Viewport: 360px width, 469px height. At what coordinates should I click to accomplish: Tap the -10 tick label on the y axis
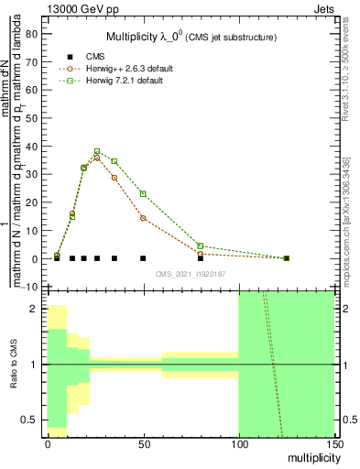(x=30, y=287)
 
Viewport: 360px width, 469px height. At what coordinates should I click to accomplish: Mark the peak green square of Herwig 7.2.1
(x=97, y=151)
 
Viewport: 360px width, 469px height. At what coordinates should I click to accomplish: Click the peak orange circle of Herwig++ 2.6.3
(x=97, y=158)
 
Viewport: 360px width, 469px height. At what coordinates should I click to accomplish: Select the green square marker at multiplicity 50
(x=143, y=193)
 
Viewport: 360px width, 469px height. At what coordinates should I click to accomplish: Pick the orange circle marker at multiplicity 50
(x=143, y=218)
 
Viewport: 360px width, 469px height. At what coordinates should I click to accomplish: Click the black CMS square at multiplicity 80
(x=200, y=258)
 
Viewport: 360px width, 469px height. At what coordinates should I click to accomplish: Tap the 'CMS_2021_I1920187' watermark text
(x=190, y=274)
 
